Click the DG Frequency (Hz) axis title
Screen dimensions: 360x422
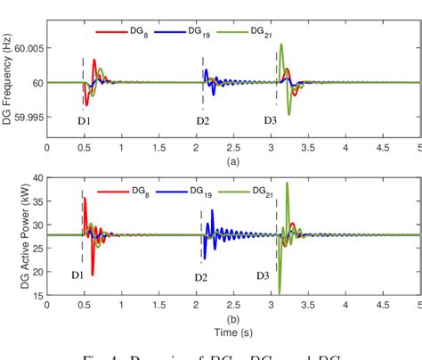tap(9, 83)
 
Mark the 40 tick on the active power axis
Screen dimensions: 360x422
tap(36, 177)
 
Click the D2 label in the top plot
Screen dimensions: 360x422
tap(202, 120)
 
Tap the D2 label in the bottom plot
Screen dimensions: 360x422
tap(201, 277)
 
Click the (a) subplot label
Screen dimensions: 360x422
tap(233, 162)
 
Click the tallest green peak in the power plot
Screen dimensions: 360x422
tap(286, 184)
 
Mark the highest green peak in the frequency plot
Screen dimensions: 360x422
tap(281, 45)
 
